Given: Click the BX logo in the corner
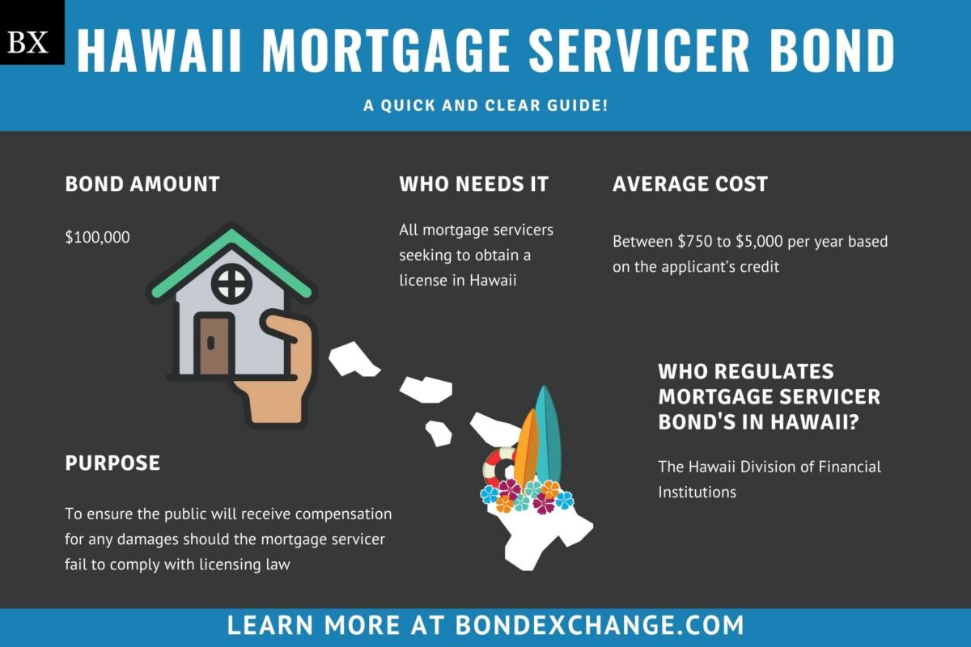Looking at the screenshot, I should [x=32, y=32].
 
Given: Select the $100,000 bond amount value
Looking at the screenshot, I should [x=97, y=237].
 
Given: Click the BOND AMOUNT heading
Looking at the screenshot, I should [x=142, y=184].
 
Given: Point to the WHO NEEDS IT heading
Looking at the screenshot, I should [x=473, y=184].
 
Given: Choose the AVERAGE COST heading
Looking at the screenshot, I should [x=690, y=184].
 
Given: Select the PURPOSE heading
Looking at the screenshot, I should [x=112, y=463].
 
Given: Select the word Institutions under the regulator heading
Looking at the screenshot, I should [x=697, y=492].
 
